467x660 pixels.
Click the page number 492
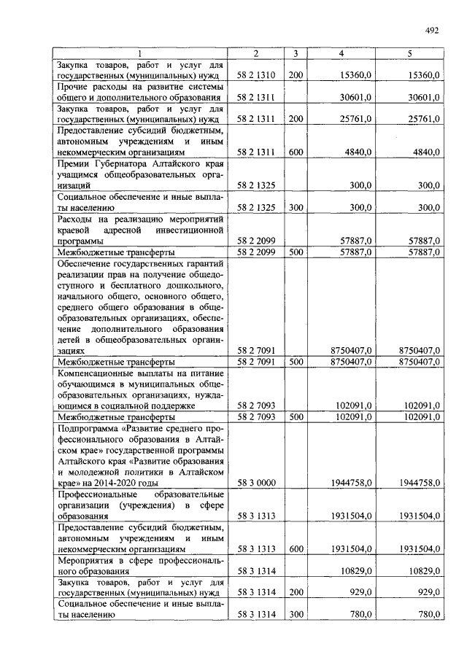pos(431,30)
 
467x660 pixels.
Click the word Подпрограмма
pos(88,429)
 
